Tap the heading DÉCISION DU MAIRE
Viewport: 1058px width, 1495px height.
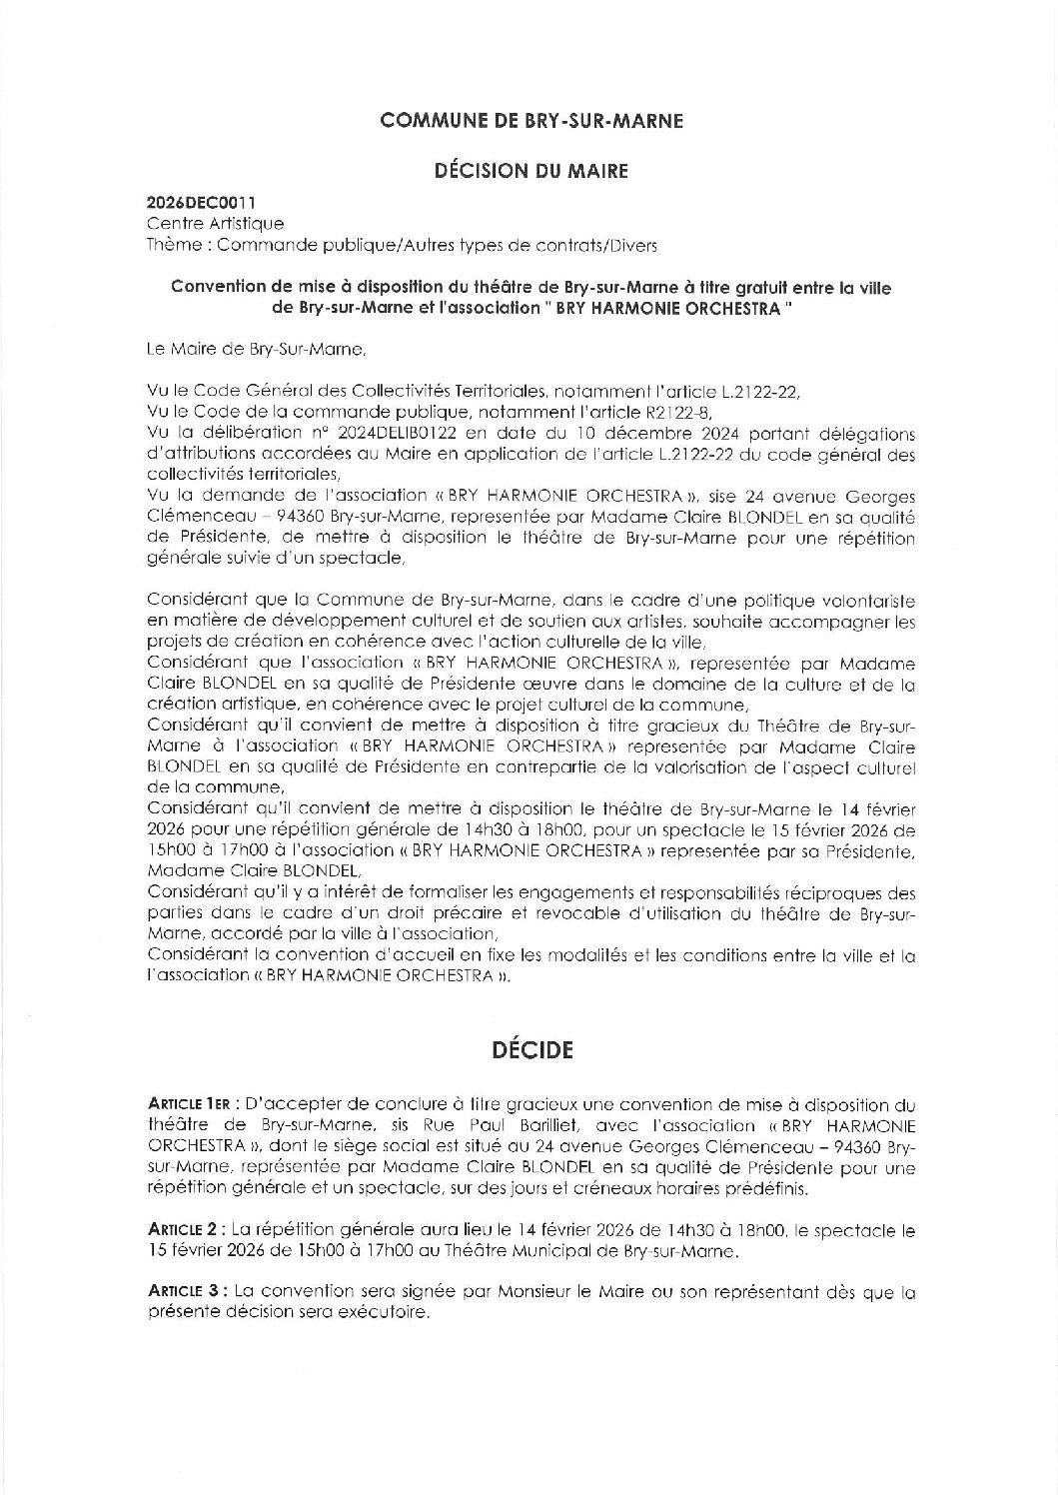pos(530,171)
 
